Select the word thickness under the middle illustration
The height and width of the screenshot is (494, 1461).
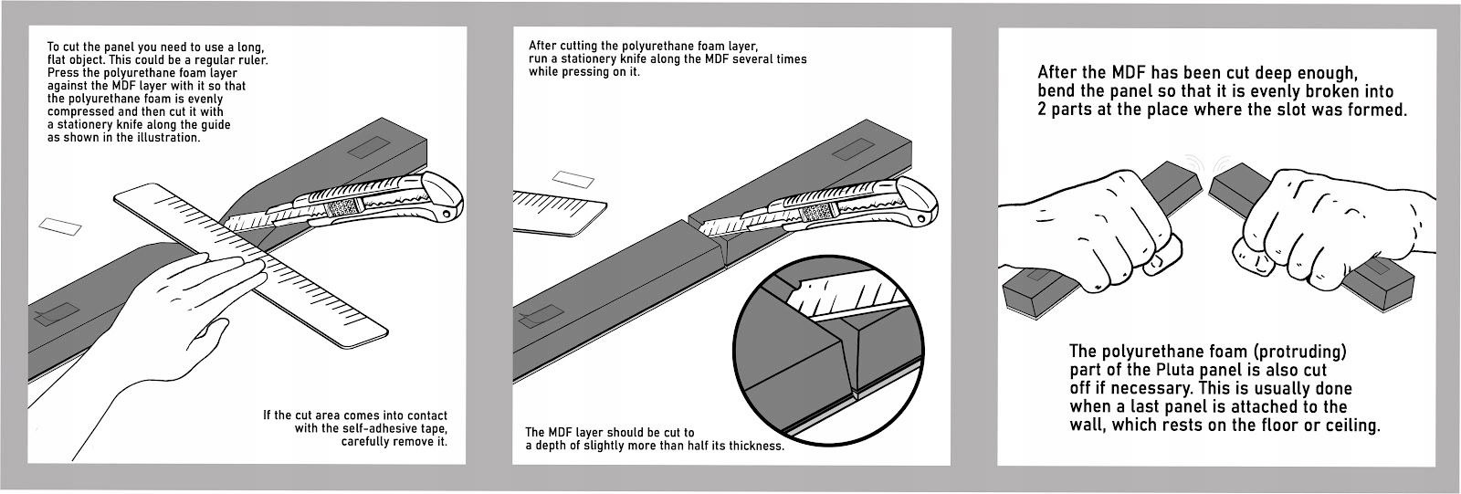(x=749, y=446)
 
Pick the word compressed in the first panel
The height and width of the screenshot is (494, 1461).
(x=80, y=111)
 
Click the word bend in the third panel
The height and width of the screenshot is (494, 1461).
(x=1057, y=91)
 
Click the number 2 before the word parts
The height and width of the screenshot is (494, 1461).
(x=1043, y=109)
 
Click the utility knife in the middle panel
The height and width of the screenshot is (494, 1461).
(x=822, y=212)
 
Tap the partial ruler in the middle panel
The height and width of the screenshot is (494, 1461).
(x=557, y=208)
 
